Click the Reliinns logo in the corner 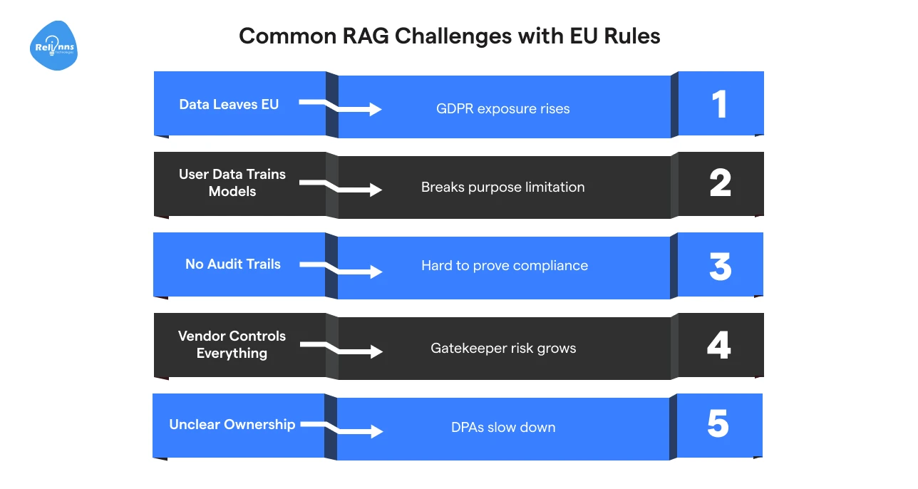tap(54, 46)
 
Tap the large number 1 tap(720, 105)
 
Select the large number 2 tap(720, 184)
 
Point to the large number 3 tap(720, 265)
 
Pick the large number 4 tap(719, 346)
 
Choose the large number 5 tap(718, 425)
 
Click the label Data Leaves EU tap(229, 104)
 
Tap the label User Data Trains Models tap(232, 182)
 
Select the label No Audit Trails tap(233, 264)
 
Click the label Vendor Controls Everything tap(232, 344)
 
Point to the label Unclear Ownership tap(232, 424)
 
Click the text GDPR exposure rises tap(503, 109)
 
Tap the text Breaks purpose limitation tap(503, 187)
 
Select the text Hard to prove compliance tap(505, 265)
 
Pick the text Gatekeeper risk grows tap(503, 348)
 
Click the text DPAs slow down tap(503, 428)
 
